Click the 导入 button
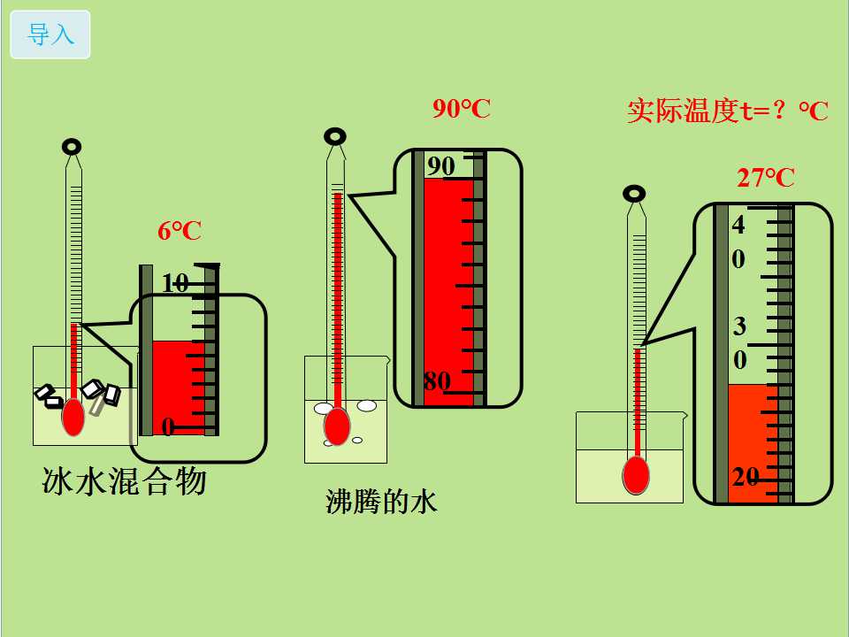point(50,35)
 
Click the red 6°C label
point(180,232)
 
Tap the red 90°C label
point(461,109)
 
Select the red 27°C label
point(766,178)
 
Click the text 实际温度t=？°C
point(727,111)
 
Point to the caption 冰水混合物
point(124,481)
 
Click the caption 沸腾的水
point(381,503)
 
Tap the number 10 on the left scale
point(175,283)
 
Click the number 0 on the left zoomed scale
point(167,427)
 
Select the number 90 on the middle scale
point(440,166)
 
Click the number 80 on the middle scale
point(437,382)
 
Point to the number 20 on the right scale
point(746,477)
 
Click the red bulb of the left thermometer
point(73,418)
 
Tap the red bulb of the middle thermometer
point(336,426)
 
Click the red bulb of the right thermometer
point(635,475)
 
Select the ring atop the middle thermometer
point(334,136)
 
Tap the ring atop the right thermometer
point(634,192)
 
